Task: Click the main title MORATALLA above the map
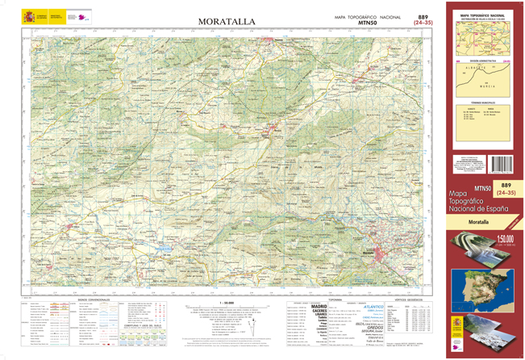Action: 227,20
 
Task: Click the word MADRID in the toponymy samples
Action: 314,307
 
